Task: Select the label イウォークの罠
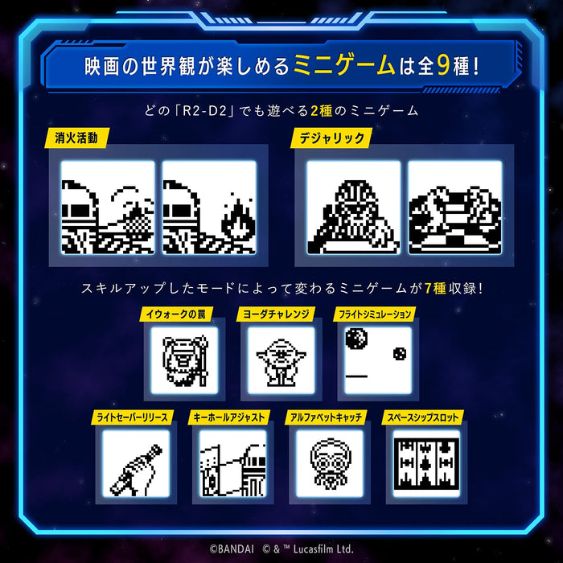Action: point(182,314)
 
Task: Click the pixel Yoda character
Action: point(277,356)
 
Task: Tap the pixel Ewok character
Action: point(182,356)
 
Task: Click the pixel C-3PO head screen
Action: point(327,460)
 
